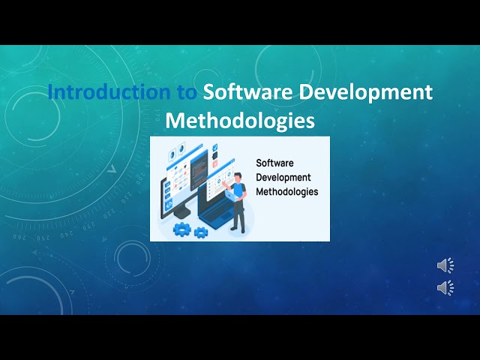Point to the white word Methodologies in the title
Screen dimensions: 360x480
tap(240, 120)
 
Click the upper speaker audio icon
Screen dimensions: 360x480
tap(445, 265)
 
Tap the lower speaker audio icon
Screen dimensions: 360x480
tap(445, 287)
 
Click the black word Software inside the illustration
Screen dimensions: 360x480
tap(274, 162)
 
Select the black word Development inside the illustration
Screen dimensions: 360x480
tap(283, 176)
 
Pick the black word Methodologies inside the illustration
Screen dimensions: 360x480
tap(287, 191)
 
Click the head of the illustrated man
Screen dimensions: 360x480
tap(238, 177)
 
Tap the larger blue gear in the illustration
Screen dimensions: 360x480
tap(181, 229)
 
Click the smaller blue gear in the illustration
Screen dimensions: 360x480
tap(200, 232)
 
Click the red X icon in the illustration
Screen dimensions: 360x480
tap(214, 163)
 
